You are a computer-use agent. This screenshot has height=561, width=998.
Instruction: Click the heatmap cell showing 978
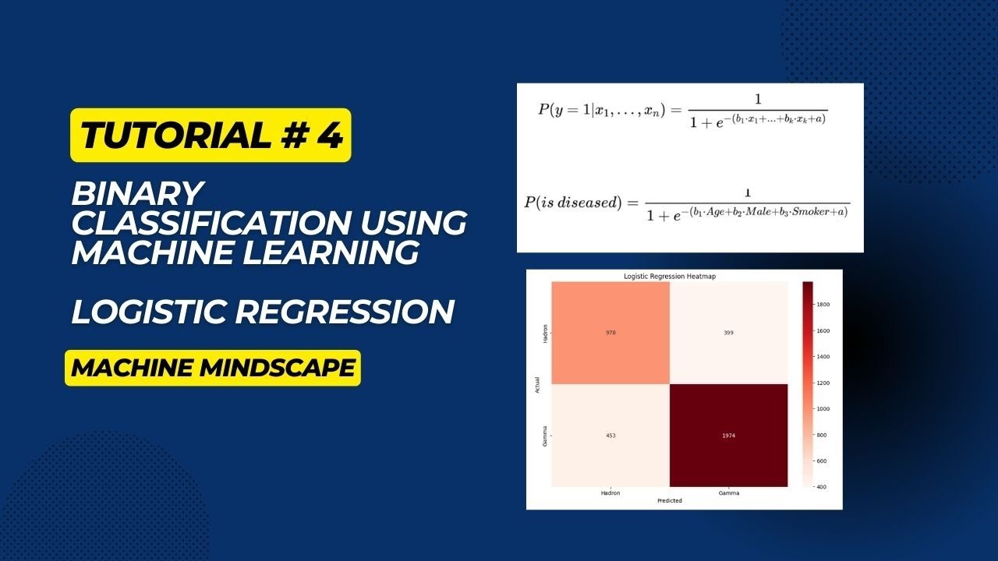tap(610, 333)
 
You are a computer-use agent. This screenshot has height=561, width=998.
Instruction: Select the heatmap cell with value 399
tap(727, 333)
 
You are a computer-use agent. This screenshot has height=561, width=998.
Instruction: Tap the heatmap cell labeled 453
tap(610, 436)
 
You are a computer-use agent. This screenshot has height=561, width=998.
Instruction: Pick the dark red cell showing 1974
tap(727, 436)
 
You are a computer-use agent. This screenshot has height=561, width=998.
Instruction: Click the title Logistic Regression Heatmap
tap(669, 277)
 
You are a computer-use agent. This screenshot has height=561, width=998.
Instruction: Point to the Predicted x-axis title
tap(669, 501)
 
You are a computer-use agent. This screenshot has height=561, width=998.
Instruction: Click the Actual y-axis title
tap(538, 384)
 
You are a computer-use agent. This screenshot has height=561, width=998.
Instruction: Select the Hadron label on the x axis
tap(610, 493)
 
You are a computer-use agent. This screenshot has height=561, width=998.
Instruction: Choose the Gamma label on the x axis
tap(727, 493)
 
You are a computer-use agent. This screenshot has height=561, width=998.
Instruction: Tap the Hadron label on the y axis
tap(544, 333)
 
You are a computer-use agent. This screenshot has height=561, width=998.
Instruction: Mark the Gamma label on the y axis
tap(544, 436)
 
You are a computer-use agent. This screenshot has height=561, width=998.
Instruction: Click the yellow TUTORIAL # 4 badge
tap(211, 136)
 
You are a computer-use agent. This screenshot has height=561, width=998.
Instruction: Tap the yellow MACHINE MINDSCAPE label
tap(212, 368)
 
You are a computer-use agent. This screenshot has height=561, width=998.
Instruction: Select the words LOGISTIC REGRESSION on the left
tap(263, 312)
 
